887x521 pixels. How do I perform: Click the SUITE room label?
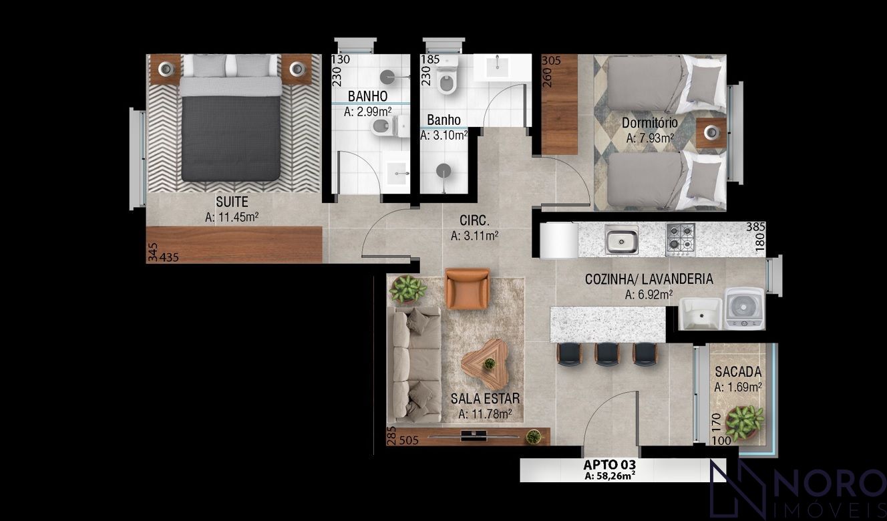(232, 202)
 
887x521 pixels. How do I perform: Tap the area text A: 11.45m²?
(232, 217)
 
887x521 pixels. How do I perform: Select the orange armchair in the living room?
(468, 289)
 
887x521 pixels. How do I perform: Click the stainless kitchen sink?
(621, 240)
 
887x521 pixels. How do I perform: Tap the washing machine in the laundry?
(744, 309)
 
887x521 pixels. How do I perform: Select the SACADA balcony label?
(738, 372)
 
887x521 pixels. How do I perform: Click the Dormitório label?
(650, 123)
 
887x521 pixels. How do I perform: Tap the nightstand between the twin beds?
(711, 133)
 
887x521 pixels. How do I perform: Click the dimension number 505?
(409, 440)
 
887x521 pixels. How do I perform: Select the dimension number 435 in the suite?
(169, 257)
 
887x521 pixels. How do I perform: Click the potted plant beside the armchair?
(408, 289)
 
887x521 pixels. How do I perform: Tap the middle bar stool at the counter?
(606, 353)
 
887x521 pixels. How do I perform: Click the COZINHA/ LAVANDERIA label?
(649, 279)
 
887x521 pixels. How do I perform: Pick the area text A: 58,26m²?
(610, 476)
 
